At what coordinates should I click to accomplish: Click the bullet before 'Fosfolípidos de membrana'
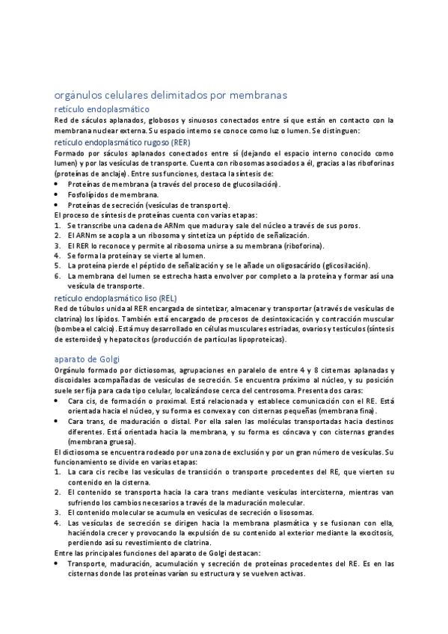(58, 194)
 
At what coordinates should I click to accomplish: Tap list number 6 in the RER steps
(58, 276)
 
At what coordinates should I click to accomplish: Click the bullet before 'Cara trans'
(58, 422)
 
